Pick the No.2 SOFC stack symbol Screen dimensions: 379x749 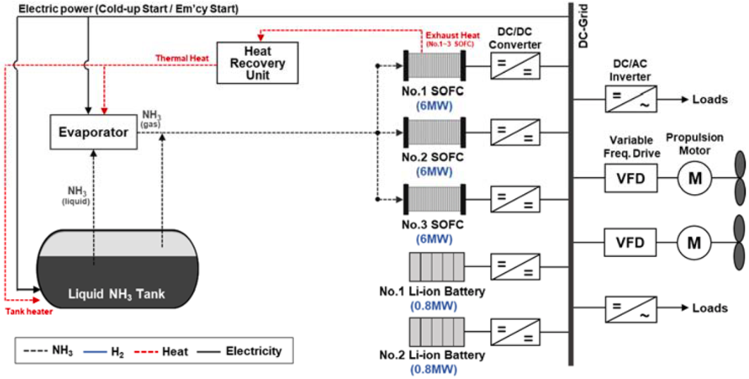(433, 131)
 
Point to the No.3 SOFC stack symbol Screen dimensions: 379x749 (433, 196)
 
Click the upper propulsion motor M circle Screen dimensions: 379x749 (695, 179)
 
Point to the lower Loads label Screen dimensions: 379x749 (709, 308)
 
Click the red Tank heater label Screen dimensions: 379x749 (26, 310)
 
